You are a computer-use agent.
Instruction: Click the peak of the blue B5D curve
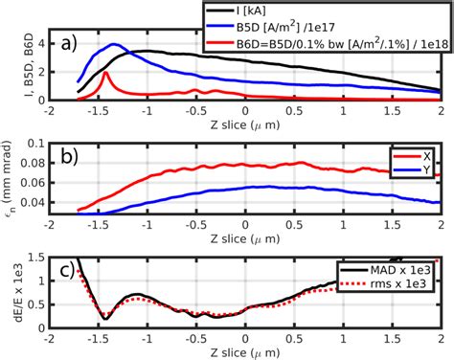115,44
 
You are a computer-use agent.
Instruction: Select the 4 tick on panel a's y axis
42,43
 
